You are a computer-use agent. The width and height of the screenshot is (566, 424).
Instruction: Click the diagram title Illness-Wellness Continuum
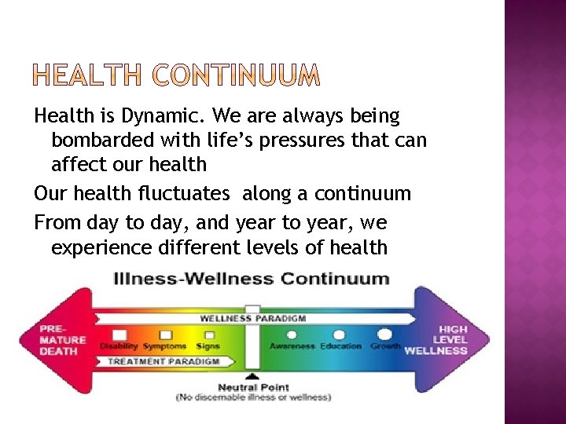252,278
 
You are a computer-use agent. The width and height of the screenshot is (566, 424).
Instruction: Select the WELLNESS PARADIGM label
252,319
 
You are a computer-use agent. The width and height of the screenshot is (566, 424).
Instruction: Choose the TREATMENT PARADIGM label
163,361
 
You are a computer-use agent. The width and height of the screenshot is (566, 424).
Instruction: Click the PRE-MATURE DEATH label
63,340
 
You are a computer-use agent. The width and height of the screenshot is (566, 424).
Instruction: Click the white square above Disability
119,335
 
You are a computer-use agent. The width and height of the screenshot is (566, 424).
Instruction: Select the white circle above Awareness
292,335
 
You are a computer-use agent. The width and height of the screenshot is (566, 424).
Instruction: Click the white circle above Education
340,335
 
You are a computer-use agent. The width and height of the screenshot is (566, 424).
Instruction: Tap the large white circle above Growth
384,334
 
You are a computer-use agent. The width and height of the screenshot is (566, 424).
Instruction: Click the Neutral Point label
253,387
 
